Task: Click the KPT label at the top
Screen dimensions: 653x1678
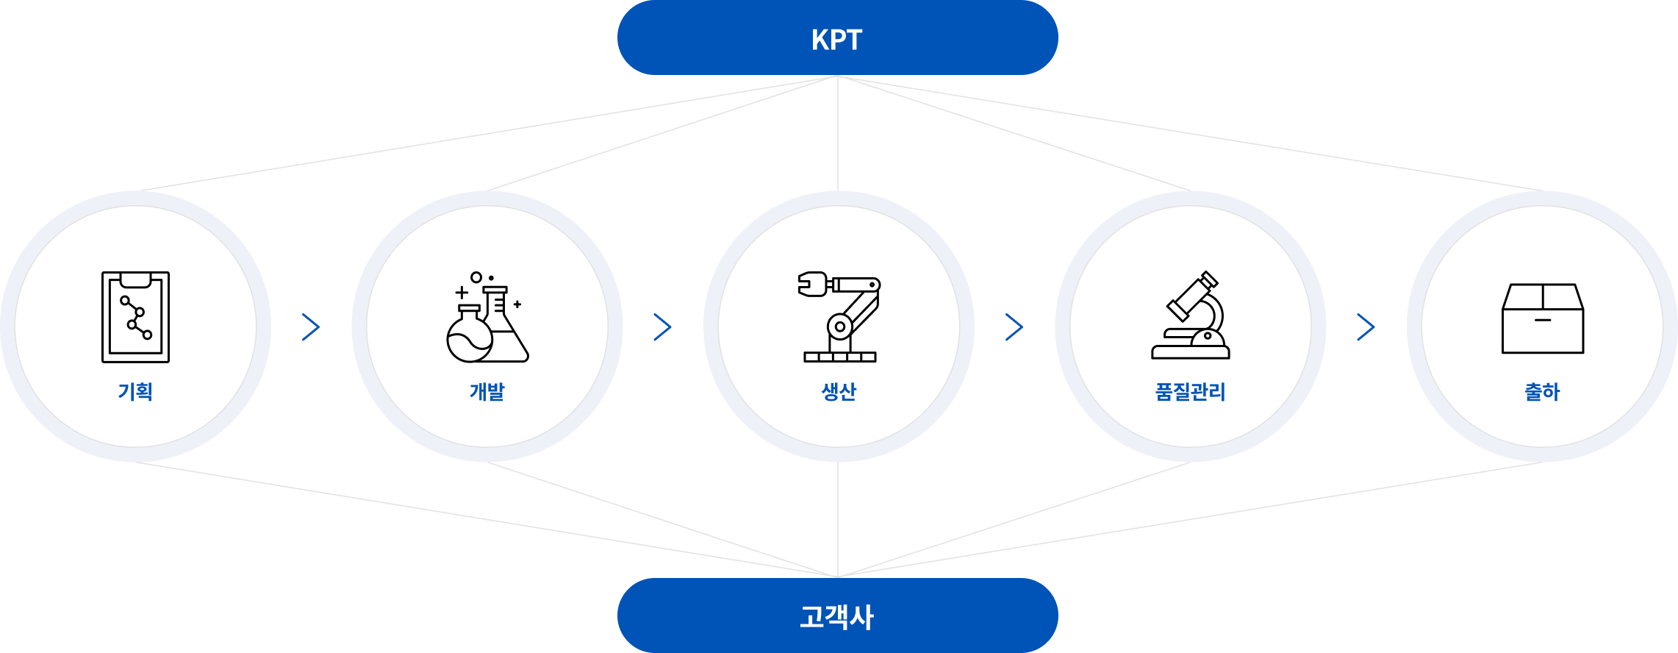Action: pos(837,39)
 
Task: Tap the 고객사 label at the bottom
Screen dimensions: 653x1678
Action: pos(837,616)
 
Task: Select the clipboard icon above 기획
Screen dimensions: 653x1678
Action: pos(135,317)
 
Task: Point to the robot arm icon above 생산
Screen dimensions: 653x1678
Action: pos(839,317)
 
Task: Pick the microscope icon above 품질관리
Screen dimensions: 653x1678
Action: pos(1191,315)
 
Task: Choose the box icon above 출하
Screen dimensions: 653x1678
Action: pos(1542,318)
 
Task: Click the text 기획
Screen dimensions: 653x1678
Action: pos(135,391)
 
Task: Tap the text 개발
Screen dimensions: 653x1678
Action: pos(487,391)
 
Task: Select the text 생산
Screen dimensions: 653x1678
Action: pos(839,391)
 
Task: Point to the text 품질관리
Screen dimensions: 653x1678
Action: pos(1191,391)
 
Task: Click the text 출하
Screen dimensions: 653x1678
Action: pos(1542,391)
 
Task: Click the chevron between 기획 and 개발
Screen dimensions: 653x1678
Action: pos(311,327)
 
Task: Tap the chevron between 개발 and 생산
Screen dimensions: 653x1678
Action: pos(662,327)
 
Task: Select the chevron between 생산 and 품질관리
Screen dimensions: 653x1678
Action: pos(1014,327)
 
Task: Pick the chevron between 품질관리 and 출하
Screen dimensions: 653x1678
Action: pos(1366,327)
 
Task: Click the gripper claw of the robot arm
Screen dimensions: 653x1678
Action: pos(811,284)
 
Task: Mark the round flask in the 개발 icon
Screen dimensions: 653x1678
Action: pos(469,338)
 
